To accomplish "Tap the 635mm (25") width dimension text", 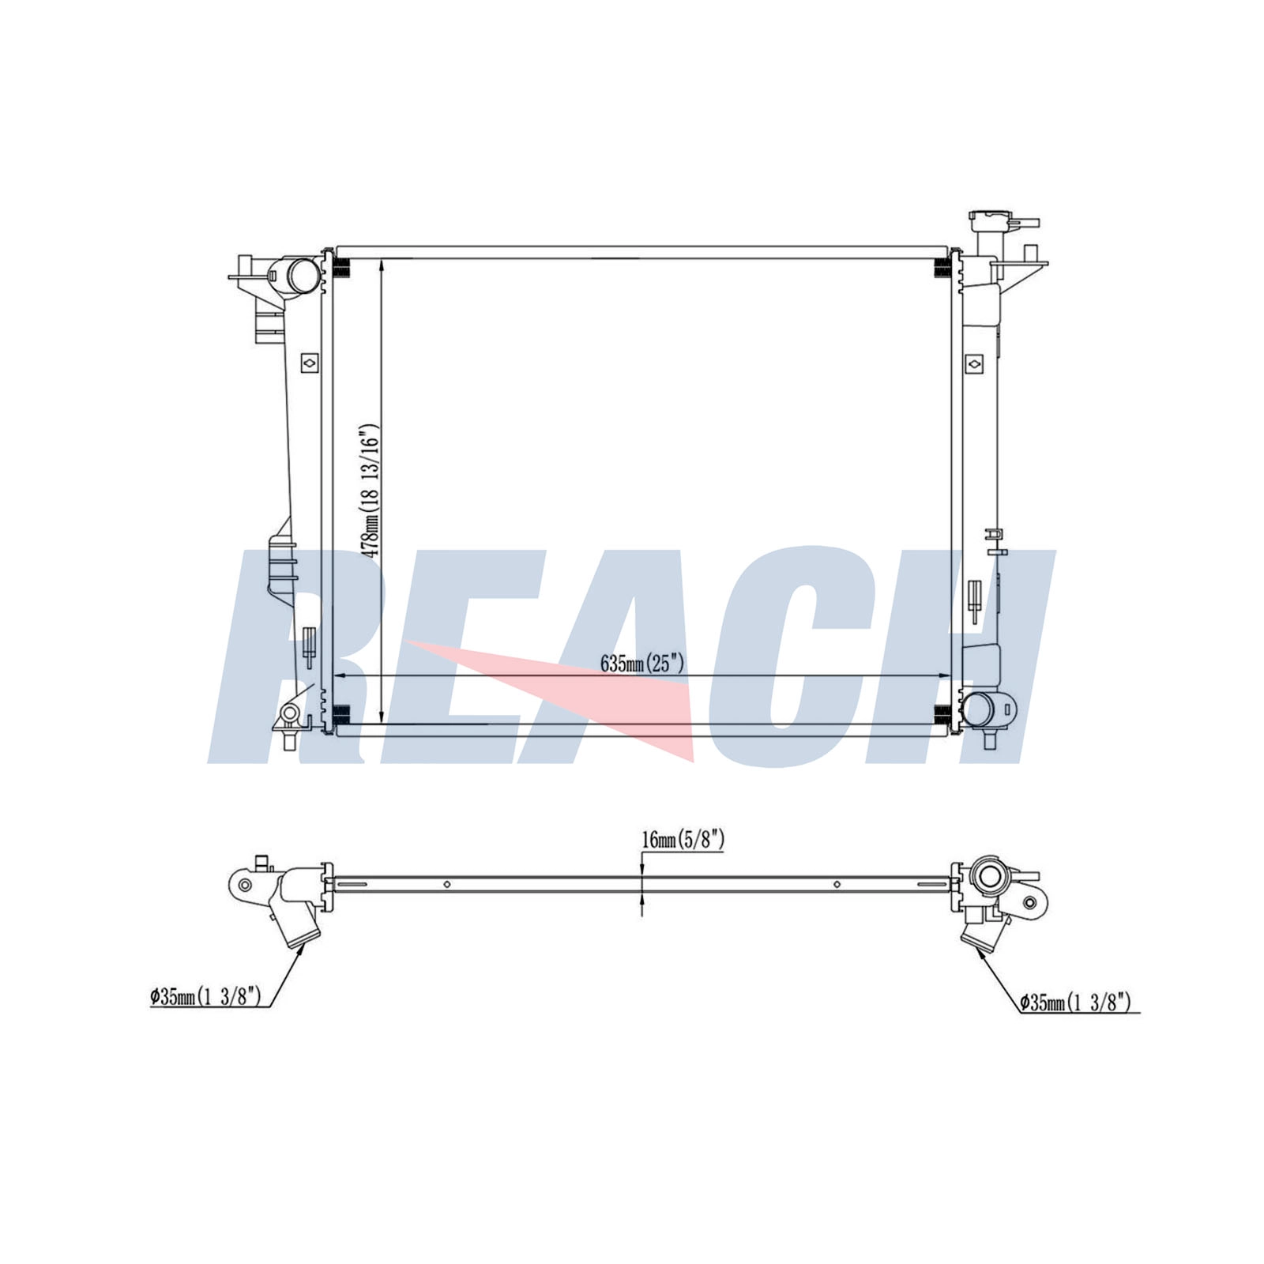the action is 641,664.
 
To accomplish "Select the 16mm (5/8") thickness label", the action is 683,840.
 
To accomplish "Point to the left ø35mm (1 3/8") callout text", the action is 205,997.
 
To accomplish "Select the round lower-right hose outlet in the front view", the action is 979,709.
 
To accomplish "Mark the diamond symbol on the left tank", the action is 310,363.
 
